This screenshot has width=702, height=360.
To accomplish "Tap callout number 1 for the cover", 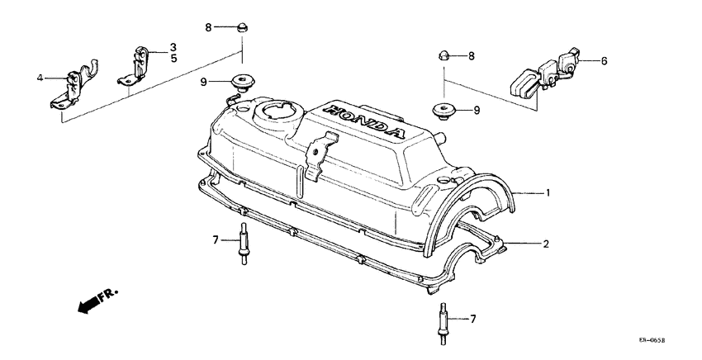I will point(546,192).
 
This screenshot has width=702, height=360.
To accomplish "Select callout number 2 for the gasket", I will point(546,244).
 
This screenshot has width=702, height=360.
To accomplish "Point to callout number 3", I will point(173,46).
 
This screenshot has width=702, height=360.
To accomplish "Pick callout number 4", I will point(40,78).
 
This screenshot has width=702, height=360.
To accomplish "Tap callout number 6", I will point(604,60).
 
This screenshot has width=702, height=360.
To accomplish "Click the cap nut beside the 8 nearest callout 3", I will point(242,28).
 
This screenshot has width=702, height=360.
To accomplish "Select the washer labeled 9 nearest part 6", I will point(443,109).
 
